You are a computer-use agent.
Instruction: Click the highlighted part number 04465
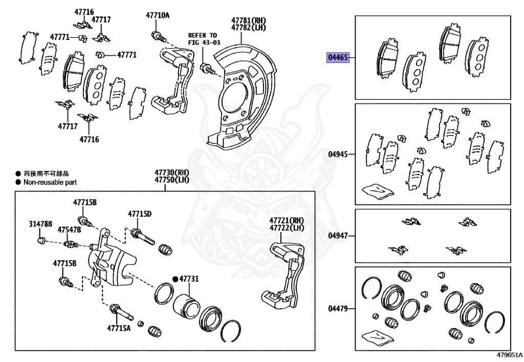[338, 58]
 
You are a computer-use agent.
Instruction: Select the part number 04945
[338, 154]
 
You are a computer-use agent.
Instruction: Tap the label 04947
[338, 236]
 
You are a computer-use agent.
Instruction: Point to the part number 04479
[338, 308]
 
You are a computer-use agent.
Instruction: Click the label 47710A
[158, 16]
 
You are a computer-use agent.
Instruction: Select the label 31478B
[41, 224]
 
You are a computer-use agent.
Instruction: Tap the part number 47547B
[69, 230]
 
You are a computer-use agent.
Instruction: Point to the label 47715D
[140, 214]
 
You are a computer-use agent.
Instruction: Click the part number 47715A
[119, 328]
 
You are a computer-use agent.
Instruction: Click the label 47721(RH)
[287, 220]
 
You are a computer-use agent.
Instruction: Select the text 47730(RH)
[165, 173]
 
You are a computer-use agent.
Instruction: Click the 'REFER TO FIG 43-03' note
[203, 39]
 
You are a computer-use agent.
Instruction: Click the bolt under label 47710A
[157, 36]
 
